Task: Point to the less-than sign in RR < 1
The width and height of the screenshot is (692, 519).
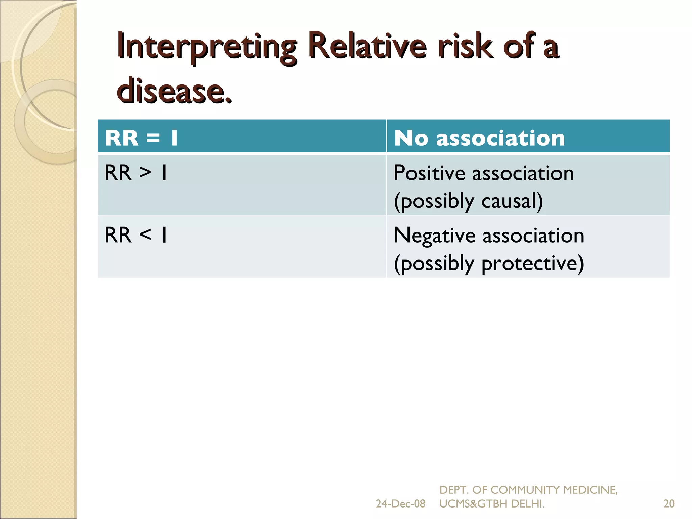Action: (x=145, y=234)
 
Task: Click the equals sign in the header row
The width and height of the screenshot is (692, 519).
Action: (x=153, y=138)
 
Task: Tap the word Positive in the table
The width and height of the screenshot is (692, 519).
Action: (x=429, y=173)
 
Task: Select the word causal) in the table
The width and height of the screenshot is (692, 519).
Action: (x=512, y=201)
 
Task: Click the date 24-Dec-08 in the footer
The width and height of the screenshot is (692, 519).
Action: (x=400, y=504)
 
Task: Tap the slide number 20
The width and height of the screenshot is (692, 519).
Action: (x=669, y=504)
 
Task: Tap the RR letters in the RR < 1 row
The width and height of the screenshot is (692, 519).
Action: (x=118, y=234)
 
